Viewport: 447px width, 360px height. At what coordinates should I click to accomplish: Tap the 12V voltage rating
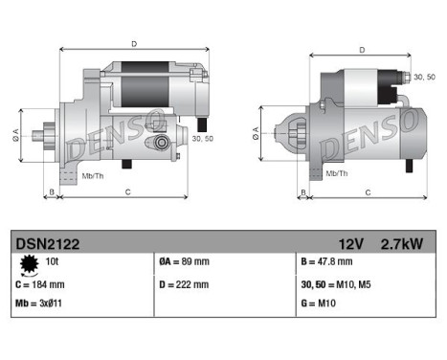click(349, 244)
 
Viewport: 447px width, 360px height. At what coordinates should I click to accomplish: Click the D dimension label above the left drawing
click(134, 43)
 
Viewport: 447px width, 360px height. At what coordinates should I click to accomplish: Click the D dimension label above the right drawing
click(361, 50)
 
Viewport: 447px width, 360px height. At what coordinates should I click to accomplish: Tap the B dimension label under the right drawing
click(302, 192)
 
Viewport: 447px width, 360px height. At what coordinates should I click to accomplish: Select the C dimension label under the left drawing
click(127, 192)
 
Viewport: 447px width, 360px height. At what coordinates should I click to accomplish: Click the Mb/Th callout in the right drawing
click(336, 173)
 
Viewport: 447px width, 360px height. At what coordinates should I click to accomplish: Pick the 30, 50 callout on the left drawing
click(202, 140)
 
